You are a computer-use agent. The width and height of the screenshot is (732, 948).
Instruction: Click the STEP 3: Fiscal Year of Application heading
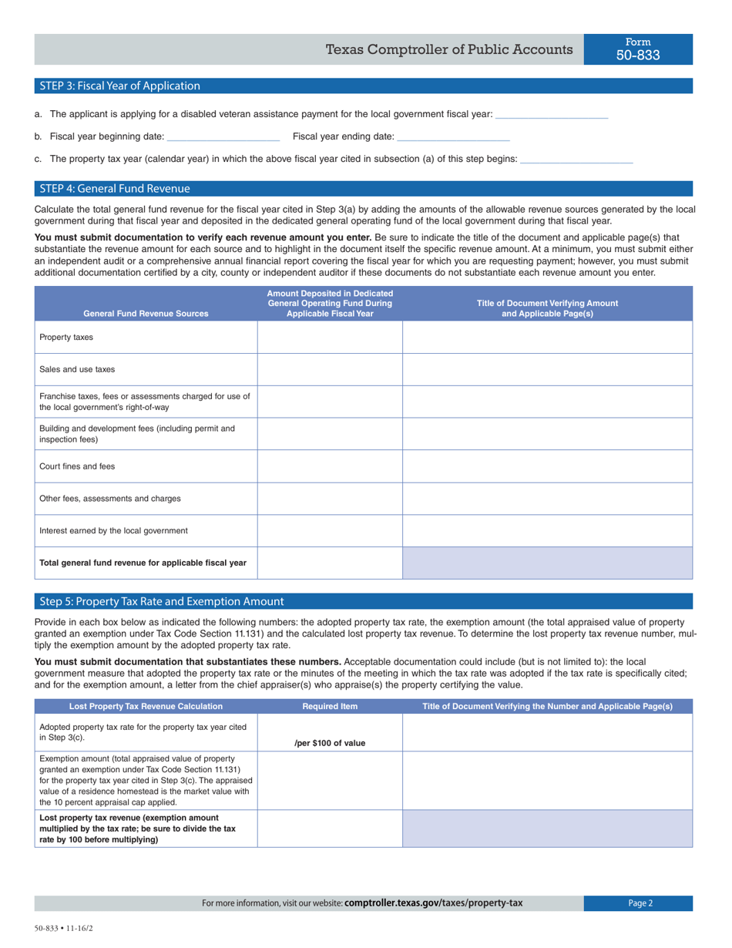[x=119, y=86]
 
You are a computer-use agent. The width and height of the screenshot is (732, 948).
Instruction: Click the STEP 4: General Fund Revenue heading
[x=114, y=189]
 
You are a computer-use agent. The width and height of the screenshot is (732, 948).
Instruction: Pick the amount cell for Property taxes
[x=330, y=338]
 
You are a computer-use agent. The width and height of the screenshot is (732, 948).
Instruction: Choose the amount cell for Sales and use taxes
[x=330, y=370]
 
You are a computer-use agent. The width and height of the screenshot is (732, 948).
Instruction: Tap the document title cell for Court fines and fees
[x=547, y=466]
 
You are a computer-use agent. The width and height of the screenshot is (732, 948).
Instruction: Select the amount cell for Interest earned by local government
[x=330, y=531]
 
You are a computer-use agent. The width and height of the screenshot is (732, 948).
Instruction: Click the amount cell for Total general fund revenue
[x=330, y=563]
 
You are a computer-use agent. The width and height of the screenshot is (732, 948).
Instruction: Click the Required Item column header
[x=330, y=706]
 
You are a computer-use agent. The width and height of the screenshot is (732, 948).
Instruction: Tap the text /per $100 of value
[x=330, y=743]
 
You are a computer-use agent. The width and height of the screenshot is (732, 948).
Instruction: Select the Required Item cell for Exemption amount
[x=330, y=780]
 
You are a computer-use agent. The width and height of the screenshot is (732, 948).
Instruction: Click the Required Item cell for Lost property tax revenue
[x=330, y=829]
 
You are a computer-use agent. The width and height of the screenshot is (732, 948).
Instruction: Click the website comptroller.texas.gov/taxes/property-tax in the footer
[x=434, y=903]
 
